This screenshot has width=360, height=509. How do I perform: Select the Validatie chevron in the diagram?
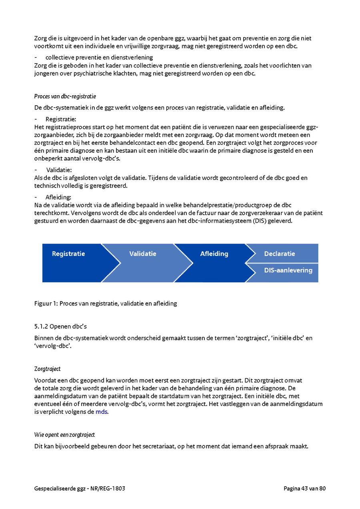pyautogui.click(x=143, y=254)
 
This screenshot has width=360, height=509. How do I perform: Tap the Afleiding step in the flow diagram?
pyautogui.click(x=214, y=254)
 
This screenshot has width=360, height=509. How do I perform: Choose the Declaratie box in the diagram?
pyautogui.click(x=280, y=254)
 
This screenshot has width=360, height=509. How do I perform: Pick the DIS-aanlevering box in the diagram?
pyautogui.click(x=288, y=270)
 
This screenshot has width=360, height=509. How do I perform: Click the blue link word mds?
pyautogui.click(x=102, y=412)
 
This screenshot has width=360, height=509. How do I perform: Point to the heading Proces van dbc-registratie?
pyautogui.click(x=65, y=96)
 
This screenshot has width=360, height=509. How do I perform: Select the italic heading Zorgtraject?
pyautogui.click(x=47, y=369)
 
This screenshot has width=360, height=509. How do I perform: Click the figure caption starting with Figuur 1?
pyautogui.click(x=106, y=303)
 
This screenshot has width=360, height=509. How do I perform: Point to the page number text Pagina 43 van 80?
pyautogui.click(x=305, y=488)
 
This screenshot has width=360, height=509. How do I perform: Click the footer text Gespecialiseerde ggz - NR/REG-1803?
pyautogui.click(x=82, y=488)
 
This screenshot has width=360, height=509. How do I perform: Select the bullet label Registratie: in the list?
pyautogui.click(x=61, y=119)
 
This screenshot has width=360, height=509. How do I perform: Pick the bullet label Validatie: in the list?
pyautogui.click(x=59, y=170)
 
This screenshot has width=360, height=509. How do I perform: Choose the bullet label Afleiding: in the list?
pyautogui.click(x=58, y=197)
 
